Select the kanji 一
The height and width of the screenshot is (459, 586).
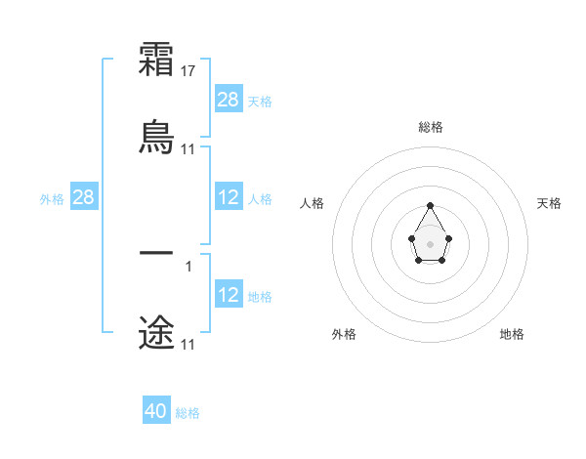156,252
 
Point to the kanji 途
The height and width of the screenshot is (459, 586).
156,331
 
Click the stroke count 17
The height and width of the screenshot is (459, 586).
189,71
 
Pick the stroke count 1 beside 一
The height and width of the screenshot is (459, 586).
188,266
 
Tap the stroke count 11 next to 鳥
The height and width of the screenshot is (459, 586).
188,149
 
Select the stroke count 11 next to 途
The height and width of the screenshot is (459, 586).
188,345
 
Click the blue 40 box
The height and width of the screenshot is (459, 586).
156,411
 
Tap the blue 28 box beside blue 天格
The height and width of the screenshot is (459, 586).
229,100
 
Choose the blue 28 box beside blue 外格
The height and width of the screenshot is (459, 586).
84,197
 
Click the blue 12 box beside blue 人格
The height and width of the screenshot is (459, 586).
229,197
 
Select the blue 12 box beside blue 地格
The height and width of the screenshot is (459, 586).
229,295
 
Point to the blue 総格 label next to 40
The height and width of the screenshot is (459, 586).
188,413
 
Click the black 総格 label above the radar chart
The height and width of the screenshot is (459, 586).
430,127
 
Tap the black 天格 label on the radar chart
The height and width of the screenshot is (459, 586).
549,203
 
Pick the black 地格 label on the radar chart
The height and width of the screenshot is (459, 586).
512,334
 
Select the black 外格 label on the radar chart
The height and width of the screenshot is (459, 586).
344,334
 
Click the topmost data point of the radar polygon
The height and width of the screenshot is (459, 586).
430,205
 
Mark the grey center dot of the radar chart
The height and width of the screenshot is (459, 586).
430,243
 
